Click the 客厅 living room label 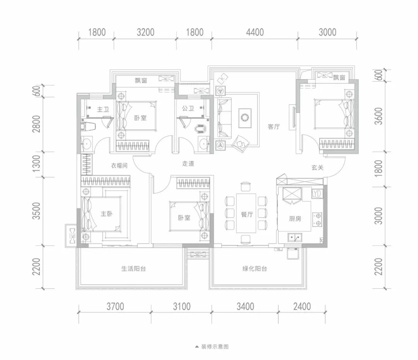274,127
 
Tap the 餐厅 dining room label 247,214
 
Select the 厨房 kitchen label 295,218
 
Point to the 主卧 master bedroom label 107,213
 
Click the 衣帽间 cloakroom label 119,165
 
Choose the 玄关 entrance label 317,167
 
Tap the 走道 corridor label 188,164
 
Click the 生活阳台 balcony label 133,269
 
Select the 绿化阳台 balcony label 255,269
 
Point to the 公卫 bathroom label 188,108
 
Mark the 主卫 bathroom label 103,109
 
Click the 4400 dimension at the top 255,32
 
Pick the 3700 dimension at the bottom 115,307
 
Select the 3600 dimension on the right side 378,116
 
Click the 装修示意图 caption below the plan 215,347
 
